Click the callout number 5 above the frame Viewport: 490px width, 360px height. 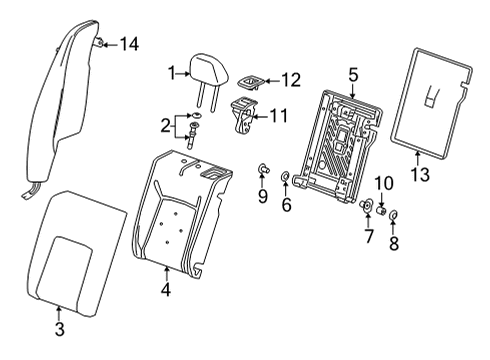[352, 73]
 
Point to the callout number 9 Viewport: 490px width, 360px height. [262, 196]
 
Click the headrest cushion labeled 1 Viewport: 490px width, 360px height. [207, 71]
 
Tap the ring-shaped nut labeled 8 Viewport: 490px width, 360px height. [393, 215]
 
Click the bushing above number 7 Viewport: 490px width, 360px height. [366, 207]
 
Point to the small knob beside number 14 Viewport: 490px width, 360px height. [102, 42]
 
